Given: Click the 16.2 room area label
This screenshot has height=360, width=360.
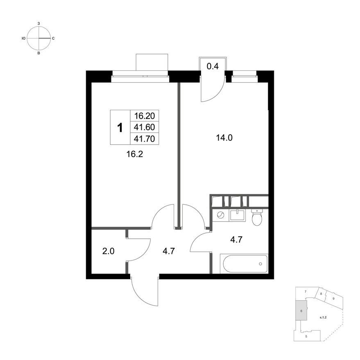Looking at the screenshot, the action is pos(135,154).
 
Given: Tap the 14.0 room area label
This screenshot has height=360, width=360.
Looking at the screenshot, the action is pos(224,138).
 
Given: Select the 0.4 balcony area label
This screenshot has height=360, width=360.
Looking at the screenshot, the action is pos(213,66).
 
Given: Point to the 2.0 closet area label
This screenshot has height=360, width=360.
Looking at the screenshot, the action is pos(109,251).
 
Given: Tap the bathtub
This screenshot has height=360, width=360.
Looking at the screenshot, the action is pos(244,264).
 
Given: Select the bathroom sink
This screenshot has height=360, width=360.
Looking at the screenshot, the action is pos(238,215).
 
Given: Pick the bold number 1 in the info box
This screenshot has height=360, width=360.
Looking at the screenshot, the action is pos(120,127).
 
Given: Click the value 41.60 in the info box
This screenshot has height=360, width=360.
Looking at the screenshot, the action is pos(145,127).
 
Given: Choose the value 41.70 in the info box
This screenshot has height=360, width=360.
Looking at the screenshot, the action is pos(145,139).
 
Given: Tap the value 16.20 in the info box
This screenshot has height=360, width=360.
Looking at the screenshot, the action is pos(145,116).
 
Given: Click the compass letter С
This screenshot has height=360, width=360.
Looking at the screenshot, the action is pos(53,38).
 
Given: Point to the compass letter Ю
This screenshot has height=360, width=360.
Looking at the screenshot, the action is pos(23,38).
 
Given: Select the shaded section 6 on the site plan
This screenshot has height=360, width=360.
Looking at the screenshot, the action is pos(301,311).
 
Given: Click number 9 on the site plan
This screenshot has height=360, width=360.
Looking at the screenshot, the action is pos(333,299).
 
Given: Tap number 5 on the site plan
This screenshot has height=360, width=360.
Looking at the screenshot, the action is pos(306,336).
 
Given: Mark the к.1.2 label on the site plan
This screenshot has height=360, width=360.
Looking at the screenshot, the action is pos(323,317).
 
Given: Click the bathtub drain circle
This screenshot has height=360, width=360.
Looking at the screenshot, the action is pos(260,264).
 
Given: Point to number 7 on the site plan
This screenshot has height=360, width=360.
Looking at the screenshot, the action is pos(306,292).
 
